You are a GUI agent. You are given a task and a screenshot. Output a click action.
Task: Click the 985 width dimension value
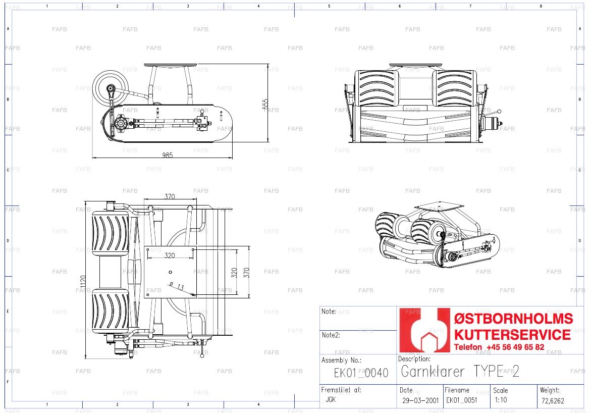tap(168, 155)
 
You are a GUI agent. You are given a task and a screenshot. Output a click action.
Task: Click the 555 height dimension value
tap(265, 104)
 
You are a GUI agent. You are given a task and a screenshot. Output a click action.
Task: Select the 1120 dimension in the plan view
tap(83, 284)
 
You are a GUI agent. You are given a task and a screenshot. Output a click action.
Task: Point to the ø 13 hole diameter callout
tap(177, 286)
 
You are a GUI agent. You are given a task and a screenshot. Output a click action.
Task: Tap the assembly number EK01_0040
tap(361, 373)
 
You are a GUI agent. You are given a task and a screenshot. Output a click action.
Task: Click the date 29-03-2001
tap(420, 400)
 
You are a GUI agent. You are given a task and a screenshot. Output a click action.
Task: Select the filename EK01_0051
tap(462, 400)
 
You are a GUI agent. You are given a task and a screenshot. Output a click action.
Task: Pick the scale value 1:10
tap(501, 400)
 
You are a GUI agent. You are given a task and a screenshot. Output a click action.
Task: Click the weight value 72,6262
tap(553, 400)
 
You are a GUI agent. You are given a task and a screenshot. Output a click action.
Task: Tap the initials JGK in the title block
tap(331, 399)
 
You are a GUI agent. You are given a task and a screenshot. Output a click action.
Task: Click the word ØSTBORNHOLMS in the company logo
tap(513, 319)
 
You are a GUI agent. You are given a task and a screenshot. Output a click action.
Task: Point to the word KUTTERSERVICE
tap(513, 335)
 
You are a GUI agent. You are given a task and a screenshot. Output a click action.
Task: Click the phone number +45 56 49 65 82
tap(515, 347)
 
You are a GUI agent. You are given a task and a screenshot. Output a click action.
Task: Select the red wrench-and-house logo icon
tap(425, 330)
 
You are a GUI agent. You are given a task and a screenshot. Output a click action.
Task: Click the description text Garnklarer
tap(433, 372)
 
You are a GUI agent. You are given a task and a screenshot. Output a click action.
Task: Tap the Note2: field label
tap(331, 335)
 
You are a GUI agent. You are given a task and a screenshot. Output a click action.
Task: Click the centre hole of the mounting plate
tap(171, 272)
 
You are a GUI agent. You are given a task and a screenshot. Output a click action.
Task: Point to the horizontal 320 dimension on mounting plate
tap(170, 255)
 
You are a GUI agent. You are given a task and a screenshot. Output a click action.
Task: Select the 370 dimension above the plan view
tap(170, 196)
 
